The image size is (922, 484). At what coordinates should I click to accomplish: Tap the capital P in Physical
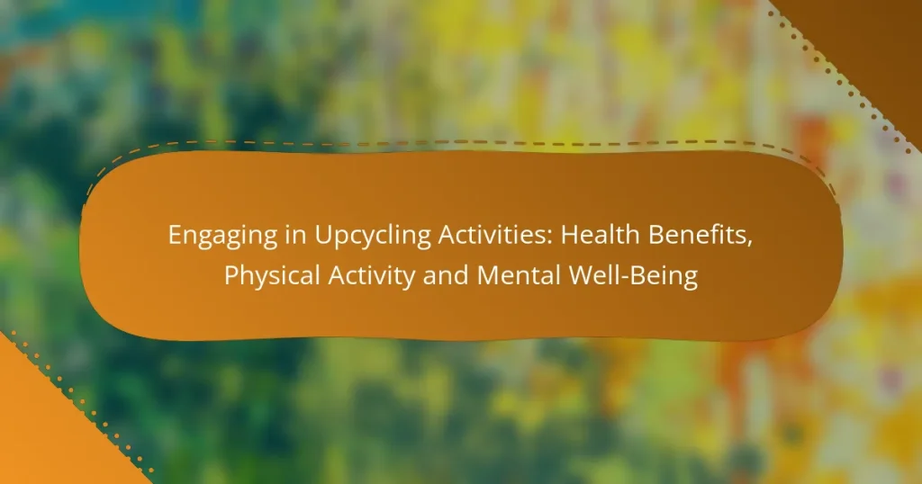pos(230,275)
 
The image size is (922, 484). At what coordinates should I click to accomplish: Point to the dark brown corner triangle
pos(864,36)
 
